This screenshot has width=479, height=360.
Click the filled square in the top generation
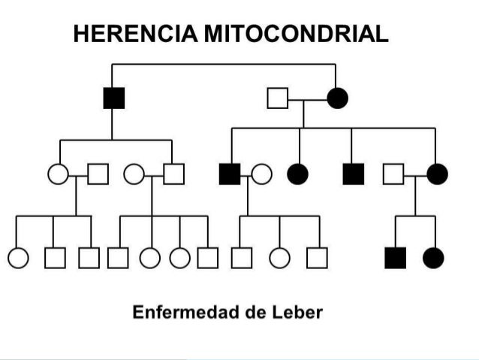pos(113,98)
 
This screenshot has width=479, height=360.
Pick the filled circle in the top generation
pos(336,98)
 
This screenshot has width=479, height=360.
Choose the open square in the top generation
pos(278,98)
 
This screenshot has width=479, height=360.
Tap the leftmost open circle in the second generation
pos(57,174)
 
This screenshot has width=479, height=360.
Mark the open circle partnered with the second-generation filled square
pos(261,174)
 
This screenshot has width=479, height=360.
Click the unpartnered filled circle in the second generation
pos(299,174)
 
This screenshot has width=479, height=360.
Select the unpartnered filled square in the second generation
pos(353,174)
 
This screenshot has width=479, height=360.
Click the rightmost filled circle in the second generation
pos(436,174)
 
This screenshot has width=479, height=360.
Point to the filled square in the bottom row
pos(395,258)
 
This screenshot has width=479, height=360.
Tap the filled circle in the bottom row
pos(433,258)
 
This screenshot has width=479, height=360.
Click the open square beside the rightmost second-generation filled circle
pos(393,174)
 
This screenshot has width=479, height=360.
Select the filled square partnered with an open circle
pos(229,174)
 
